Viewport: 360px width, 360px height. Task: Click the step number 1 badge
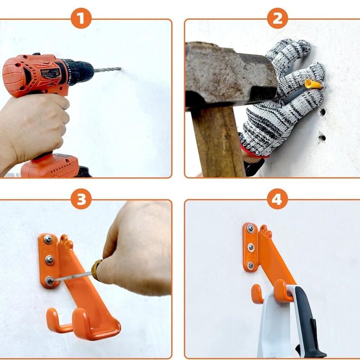pyautogui.click(x=81, y=19)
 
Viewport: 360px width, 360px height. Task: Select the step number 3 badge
pyautogui.click(x=81, y=199)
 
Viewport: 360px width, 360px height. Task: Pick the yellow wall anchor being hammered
pyautogui.click(x=314, y=84)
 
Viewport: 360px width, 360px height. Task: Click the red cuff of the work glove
pyautogui.click(x=252, y=152)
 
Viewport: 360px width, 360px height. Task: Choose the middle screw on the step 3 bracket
pyautogui.click(x=49, y=260)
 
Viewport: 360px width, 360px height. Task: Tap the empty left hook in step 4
pyautogui.click(x=257, y=295)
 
